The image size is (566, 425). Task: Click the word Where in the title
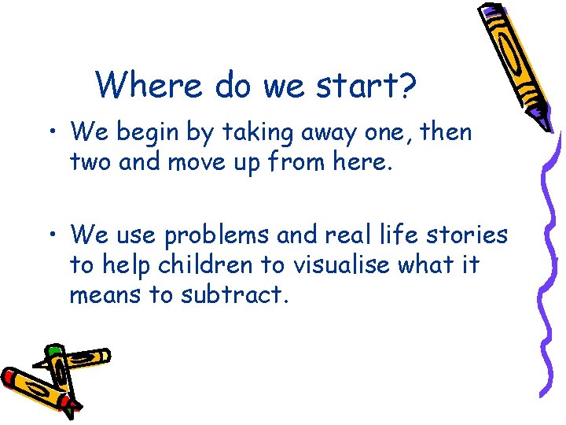click(141, 84)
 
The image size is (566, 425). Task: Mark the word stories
click(467, 235)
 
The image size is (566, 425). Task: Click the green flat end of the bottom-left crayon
click(53, 349)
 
